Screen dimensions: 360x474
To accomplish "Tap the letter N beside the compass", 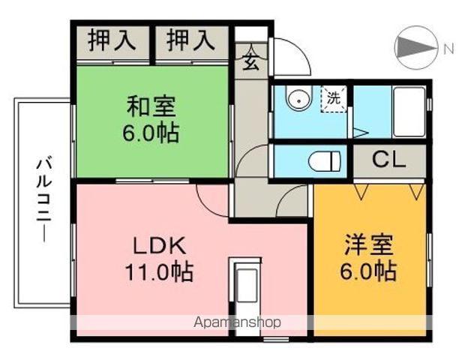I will [x=448, y=49].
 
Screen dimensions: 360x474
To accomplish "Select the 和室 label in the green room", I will [x=151, y=106].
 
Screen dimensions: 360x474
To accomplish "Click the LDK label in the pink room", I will [x=160, y=245].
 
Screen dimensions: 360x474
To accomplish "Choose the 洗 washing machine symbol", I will [x=334, y=97].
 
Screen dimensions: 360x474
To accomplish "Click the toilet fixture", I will [x=324, y=160].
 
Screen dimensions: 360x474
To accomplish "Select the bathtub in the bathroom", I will [x=409, y=112].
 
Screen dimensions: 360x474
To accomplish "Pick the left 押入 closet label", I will [x=112, y=40].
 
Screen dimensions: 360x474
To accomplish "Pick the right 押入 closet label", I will [x=191, y=40].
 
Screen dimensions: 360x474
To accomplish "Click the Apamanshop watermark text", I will [x=237, y=322].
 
